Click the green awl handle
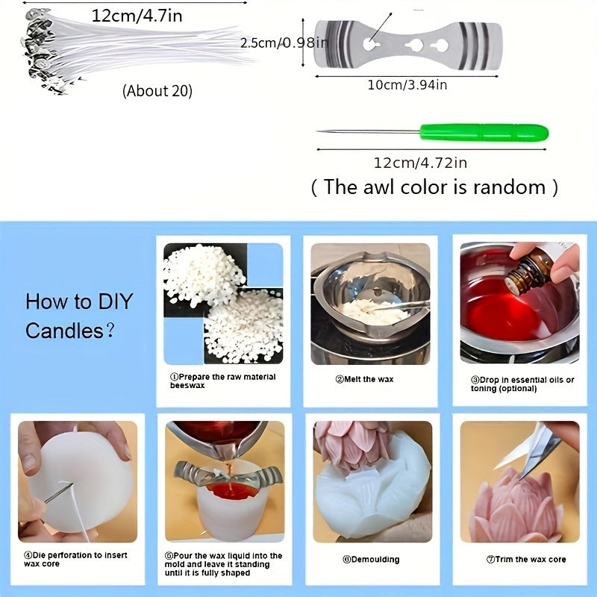pyautogui.click(x=484, y=133)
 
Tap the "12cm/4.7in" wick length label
pyautogui.click(x=137, y=16)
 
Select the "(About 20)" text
pyautogui.click(x=157, y=91)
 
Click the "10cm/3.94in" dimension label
pyautogui.click(x=407, y=84)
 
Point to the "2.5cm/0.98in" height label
pyautogui.click(x=284, y=43)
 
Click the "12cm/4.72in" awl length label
pyautogui.click(x=420, y=163)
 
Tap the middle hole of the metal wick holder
pyautogui.click(x=414, y=46)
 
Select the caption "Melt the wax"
pyautogui.click(x=364, y=379)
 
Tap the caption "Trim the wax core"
pyautogui.click(x=526, y=559)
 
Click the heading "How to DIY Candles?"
pyautogui.click(x=79, y=316)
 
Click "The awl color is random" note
pyautogui.click(x=434, y=187)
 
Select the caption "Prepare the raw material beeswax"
pyautogui.click(x=222, y=381)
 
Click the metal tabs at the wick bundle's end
pyautogui.click(x=40, y=49)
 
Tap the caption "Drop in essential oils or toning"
pyautogui.click(x=522, y=384)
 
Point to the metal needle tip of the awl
pyautogui.click(x=319, y=131)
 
